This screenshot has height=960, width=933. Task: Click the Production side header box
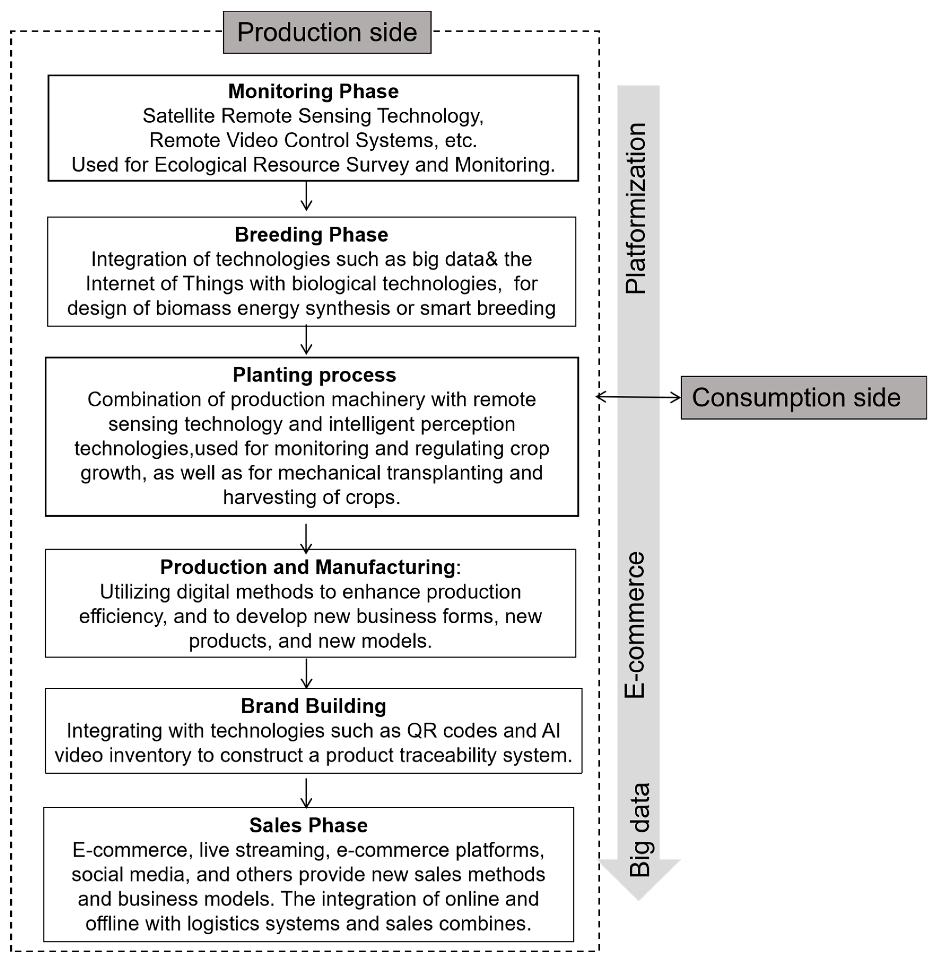pos(327,32)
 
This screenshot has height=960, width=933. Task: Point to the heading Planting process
pos(314,375)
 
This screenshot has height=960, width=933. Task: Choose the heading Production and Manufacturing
pos(308,567)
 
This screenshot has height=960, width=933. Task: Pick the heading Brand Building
pos(313,706)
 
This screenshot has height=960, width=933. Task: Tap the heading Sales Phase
pos(308,825)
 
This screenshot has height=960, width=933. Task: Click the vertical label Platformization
pos(636,208)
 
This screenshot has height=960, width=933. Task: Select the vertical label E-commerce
pos(635,625)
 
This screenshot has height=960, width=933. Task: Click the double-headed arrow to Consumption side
pos(638,397)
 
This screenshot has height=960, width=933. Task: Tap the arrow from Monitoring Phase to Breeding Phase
pos(306,196)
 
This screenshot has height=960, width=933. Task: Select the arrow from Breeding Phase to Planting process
pos(306,340)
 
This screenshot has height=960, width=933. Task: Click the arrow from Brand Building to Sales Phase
pos(306,793)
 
